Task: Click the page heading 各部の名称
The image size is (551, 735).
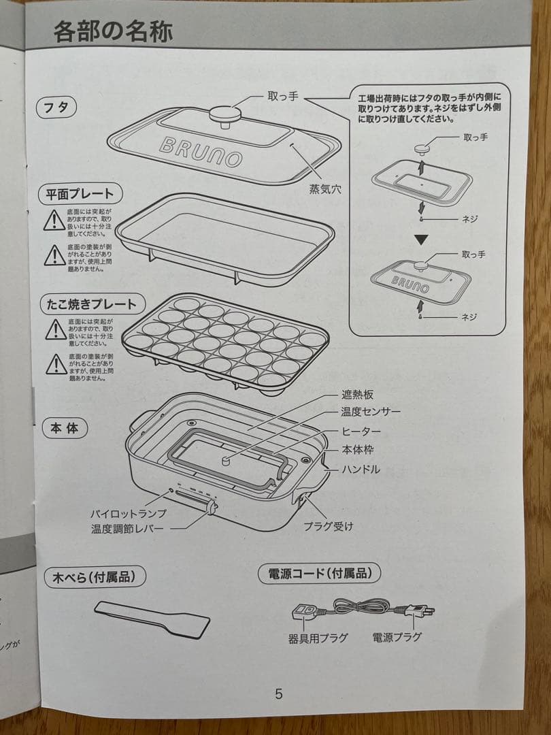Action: pos(113,31)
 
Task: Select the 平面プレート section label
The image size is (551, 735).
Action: pos(80,193)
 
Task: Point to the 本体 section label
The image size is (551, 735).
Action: pos(64,429)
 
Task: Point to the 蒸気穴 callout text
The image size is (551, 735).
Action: pos(325,189)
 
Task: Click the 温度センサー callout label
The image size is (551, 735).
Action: pos(371,412)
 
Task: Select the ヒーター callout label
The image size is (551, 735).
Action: pos(361,431)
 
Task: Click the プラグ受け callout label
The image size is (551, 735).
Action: pos(328,526)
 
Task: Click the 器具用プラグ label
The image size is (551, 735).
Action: pos(318,638)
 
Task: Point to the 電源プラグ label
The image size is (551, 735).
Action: pos(397,637)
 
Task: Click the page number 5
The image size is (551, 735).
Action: pos(278,694)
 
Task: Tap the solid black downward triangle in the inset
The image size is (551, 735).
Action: pos(422,240)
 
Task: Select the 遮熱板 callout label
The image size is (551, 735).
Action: pos(357,395)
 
